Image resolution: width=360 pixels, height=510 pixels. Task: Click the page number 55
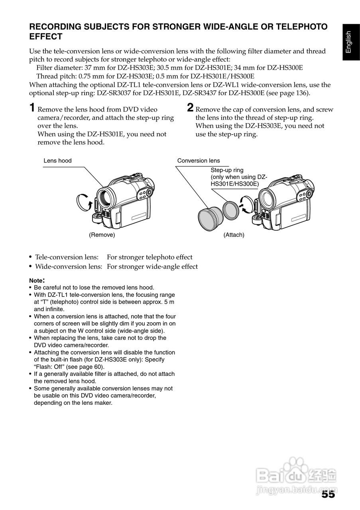point(328,494)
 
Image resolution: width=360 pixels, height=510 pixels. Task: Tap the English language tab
point(348,42)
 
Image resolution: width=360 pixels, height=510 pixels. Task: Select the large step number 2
point(190,108)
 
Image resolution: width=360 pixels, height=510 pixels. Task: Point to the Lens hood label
point(57,161)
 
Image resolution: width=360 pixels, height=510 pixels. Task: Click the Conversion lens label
point(199,161)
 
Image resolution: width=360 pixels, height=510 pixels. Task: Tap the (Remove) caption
point(102,235)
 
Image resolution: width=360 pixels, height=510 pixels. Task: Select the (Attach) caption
point(234,235)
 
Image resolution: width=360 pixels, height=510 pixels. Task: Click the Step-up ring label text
point(227,170)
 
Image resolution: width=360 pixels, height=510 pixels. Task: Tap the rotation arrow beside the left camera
point(85,203)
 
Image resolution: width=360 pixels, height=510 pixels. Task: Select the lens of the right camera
point(267,197)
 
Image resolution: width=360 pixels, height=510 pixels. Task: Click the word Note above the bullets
point(36,280)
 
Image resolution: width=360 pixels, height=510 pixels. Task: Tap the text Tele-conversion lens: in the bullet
point(68,257)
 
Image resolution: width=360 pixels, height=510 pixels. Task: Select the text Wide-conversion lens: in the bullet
point(69,267)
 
